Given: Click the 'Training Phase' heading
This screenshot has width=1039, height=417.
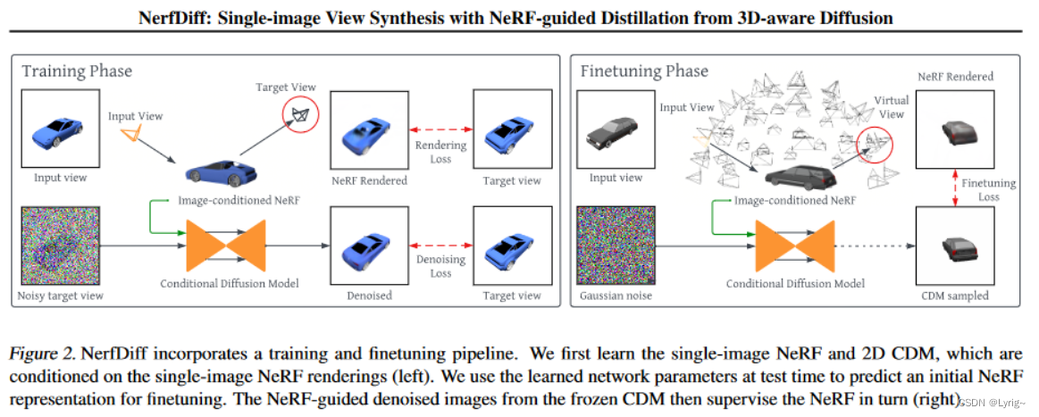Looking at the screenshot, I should click(79, 71).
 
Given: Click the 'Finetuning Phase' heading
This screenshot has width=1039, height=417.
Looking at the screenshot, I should click(644, 71).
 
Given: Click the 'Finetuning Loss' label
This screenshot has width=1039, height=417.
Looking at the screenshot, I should click(988, 189).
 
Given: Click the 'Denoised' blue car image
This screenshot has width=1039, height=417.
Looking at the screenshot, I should click(368, 244).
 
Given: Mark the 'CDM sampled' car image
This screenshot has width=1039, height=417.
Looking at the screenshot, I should click(956, 246).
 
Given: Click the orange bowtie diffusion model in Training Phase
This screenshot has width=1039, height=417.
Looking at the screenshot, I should click(226, 245).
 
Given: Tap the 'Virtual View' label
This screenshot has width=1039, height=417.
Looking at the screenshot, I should click(891, 107).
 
